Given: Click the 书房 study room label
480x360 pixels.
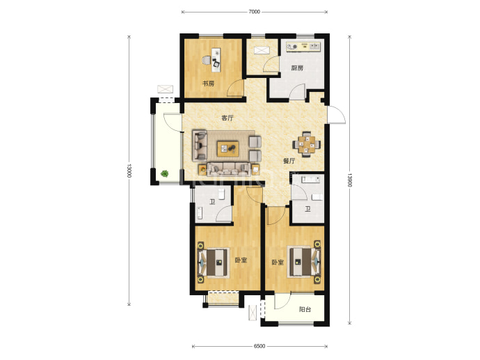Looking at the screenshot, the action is tap(208, 84).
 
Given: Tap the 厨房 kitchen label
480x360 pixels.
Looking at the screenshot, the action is tap(297, 68).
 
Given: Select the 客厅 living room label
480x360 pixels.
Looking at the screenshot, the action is tap(227, 118).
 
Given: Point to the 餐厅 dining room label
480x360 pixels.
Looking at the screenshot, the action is tap(289, 161).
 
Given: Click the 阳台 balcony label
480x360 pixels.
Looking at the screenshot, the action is tap(305, 309).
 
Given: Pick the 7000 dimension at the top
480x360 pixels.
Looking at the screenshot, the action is tap(254, 12).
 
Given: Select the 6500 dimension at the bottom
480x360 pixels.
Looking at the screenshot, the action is tap(259, 346).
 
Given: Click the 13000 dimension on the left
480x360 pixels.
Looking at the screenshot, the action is tap(129, 171).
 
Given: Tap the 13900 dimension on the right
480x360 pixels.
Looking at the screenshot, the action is tap(350, 180).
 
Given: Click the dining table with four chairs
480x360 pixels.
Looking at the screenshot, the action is tap(306, 144).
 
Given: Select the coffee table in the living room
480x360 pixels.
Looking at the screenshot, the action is tap(228, 149).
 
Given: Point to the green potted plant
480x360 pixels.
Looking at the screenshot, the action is tap(165, 173).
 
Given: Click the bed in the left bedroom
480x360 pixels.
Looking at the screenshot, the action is tap(214, 263).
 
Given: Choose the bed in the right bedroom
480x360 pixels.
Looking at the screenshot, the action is tap(305, 262).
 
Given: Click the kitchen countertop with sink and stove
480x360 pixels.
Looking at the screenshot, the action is tap(303, 47).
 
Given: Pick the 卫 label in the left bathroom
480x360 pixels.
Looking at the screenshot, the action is tap(212, 202).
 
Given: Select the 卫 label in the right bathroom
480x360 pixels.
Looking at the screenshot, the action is tap(307, 209).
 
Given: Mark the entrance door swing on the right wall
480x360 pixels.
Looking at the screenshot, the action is tap(337, 115).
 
